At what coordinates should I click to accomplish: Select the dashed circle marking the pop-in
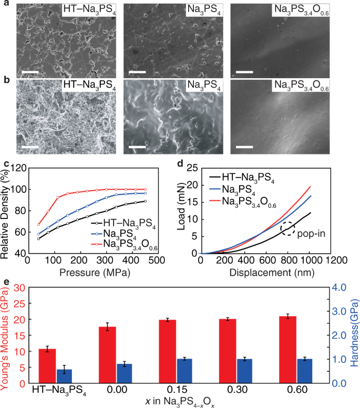286,228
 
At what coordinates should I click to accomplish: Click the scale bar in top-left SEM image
27,70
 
